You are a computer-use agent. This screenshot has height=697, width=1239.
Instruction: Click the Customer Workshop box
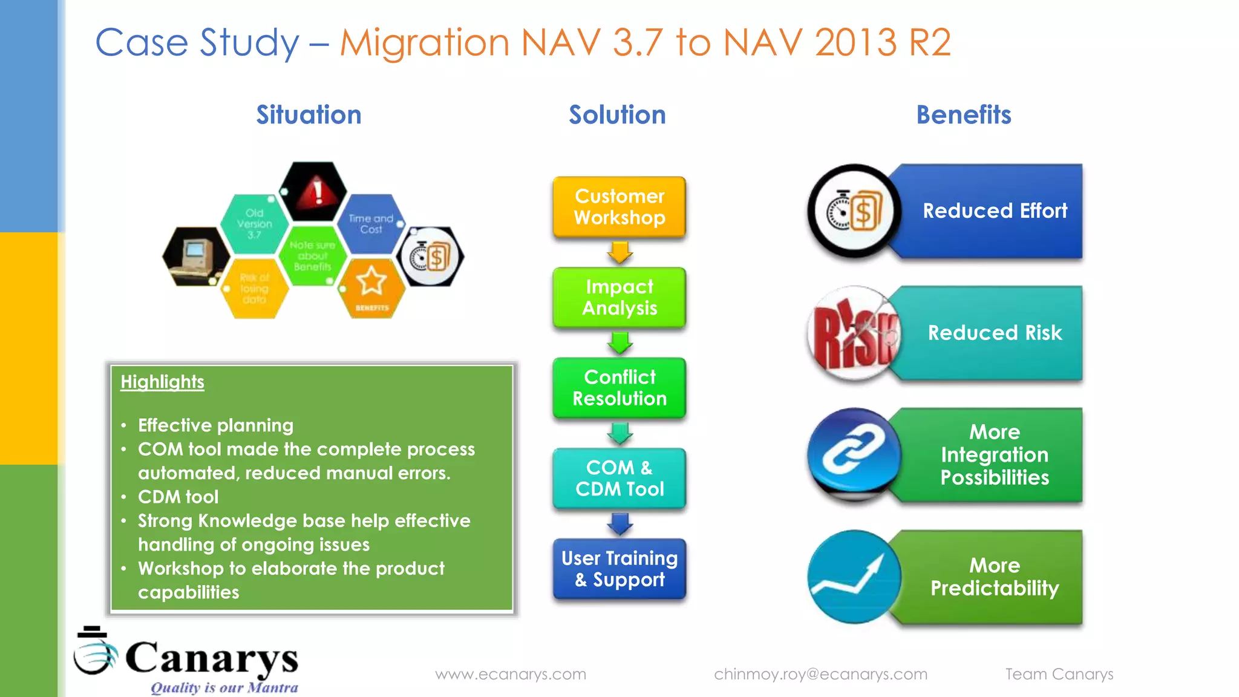tap(619, 207)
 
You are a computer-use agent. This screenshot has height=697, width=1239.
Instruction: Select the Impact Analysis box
tap(619, 298)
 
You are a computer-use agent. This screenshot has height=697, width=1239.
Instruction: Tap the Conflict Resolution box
tap(619, 388)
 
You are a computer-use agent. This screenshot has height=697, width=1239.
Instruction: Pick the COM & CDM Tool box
tap(619, 479)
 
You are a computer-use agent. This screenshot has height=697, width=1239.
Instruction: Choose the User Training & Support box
tap(619, 569)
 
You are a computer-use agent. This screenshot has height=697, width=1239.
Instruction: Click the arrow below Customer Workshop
tap(619, 252)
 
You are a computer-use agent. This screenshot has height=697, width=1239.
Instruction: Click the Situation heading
tap(309, 115)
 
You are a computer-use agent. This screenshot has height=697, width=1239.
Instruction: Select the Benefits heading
tap(963, 115)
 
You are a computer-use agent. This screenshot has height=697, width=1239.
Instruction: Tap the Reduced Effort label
tap(995, 211)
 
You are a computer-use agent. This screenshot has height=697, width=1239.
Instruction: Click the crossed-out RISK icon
tap(854, 333)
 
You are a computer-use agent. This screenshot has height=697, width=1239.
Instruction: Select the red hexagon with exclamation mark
tap(313, 192)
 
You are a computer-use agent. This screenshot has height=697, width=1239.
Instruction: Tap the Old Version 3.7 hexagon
tap(255, 224)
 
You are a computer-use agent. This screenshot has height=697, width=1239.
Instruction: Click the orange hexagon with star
tap(371, 287)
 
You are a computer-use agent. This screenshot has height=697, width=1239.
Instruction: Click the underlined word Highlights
tap(162, 382)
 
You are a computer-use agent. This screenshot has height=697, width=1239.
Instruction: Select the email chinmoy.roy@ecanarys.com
tap(820, 674)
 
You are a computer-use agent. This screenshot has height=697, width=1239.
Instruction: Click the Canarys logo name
tap(211, 658)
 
